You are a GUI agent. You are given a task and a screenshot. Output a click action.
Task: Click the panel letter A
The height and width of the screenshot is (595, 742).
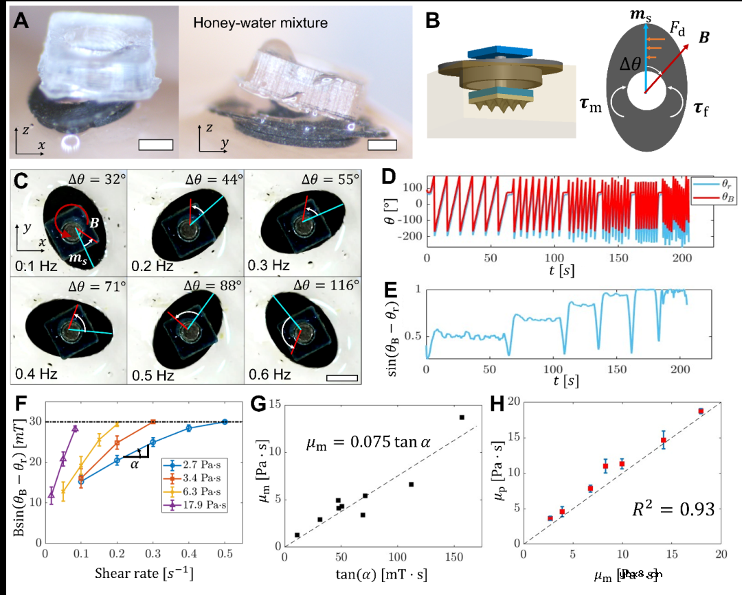click(21, 21)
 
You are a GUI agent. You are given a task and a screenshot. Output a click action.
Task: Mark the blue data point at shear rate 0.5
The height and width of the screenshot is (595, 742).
click(225, 421)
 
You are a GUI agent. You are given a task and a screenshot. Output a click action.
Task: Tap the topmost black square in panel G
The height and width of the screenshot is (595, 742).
click(462, 417)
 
